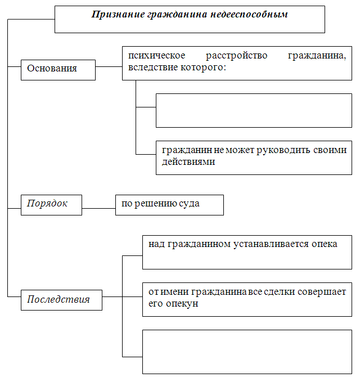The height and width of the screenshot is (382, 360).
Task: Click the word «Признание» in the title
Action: point(118,15)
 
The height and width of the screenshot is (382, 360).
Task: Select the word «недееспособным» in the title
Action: point(249,15)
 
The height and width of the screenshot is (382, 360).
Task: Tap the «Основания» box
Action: point(58,70)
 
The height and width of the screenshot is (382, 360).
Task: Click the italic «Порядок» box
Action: point(51,205)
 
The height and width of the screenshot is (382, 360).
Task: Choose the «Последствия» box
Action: point(62,300)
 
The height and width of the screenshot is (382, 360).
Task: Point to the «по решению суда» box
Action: point(169,205)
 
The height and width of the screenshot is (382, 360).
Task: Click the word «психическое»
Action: point(156,56)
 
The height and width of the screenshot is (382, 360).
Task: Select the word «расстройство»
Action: point(236,56)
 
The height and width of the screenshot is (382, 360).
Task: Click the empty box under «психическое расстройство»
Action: point(254,110)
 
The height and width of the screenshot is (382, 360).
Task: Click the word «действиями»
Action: point(188,162)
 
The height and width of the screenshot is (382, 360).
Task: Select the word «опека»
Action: point(325,244)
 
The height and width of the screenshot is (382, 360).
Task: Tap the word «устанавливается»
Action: point(271,244)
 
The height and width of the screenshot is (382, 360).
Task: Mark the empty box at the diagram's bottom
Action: point(247,352)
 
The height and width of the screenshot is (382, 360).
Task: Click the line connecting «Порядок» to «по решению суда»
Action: point(98,208)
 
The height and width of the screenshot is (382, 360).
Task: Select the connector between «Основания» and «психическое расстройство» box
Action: point(109,66)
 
